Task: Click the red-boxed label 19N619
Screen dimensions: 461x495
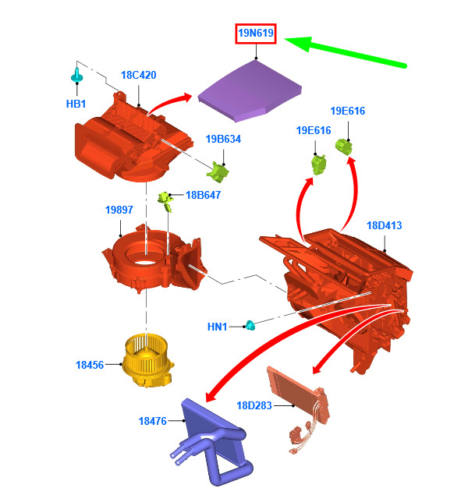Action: tap(256, 34)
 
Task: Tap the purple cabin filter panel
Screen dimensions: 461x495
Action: tap(250, 91)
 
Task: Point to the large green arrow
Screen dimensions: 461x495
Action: tap(345, 51)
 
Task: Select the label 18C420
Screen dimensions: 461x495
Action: tap(138, 75)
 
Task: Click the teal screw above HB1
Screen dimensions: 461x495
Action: tap(76, 75)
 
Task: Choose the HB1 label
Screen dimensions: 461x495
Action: tap(76, 104)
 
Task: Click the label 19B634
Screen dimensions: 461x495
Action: tap(223, 139)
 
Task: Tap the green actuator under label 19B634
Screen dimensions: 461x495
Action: tap(218, 172)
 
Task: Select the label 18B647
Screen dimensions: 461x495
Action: tap(203, 195)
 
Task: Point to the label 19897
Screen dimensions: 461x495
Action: tap(119, 210)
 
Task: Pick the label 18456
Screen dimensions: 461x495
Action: tap(90, 365)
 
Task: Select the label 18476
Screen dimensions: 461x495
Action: tap(153, 421)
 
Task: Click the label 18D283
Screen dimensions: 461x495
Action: tap(254, 405)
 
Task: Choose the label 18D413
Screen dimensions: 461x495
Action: tap(385, 225)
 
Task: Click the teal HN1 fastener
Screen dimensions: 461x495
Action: tap(250, 325)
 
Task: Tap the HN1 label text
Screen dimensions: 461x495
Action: tap(218, 327)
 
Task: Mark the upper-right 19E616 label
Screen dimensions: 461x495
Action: tap(348, 111)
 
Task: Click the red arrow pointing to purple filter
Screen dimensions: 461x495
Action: tap(168, 101)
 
